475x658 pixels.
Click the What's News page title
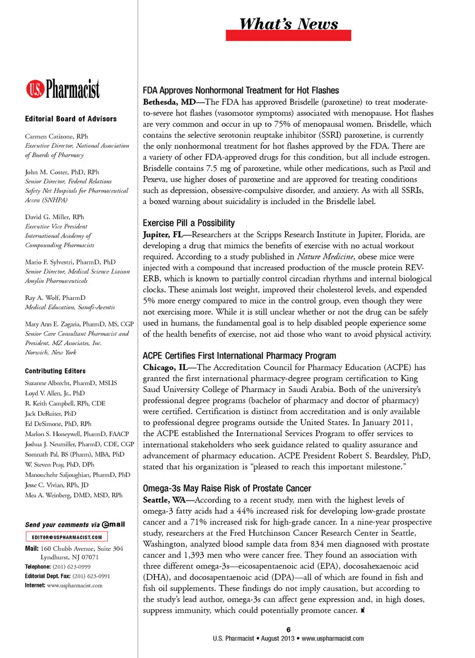pyautogui.click(x=288, y=24)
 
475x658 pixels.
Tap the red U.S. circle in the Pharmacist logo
pyautogui.click(x=35, y=89)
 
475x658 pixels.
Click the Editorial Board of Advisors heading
pyautogui.click(x=71, y=119)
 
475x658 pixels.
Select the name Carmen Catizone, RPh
pyautogui.click(x=56, y=136)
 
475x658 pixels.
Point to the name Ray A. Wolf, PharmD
pyautogui.click(x=55, y=298)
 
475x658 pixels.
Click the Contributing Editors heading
pyautogui.click(x=55, y=371)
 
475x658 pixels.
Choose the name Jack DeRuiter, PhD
pyautogui.click(x=50, y=413)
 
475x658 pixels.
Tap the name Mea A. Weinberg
pyautogui.click(x=74, y=495)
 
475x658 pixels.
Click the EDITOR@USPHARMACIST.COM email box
pyautogui.click(x=67, y=537)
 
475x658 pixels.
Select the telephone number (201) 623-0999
pyautogui.click(x=71, y=567)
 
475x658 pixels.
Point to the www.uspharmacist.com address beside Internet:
pyautogui.click(x=75, y=585)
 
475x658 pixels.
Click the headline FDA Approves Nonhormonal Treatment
pyautogui.click(x=240, y=90)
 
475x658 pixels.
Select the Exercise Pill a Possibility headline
pyautogui.click(x=189, y=223)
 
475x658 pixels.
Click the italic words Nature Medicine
pyautogui.click(x=325, y=257)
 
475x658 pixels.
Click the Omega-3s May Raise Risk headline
pyautogui.click(x=227, y=488)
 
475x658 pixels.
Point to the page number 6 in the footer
pyautogui.click(x=288, y=629)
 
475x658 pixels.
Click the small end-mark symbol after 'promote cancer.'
pyautogui.click(x=363, y=611)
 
